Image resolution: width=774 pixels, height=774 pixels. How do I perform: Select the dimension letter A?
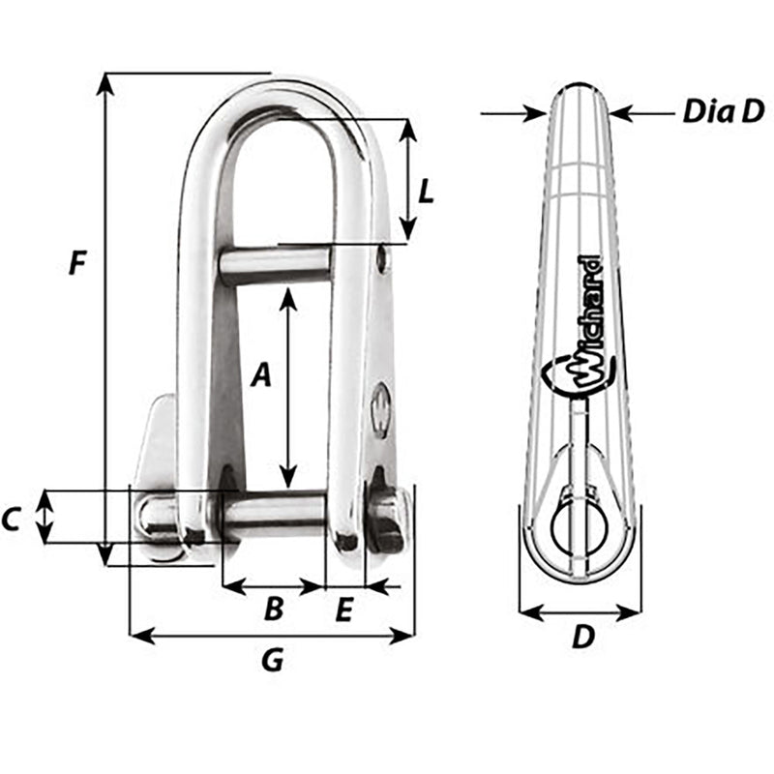(259, 375)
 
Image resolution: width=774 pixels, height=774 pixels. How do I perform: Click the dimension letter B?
(274, 609)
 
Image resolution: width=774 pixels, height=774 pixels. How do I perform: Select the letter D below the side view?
(581, 638)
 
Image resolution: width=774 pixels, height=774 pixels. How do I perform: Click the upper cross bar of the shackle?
(275, 265)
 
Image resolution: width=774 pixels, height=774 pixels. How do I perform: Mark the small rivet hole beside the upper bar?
(383, 258)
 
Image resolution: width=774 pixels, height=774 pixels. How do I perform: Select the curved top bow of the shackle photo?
(276, 97)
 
